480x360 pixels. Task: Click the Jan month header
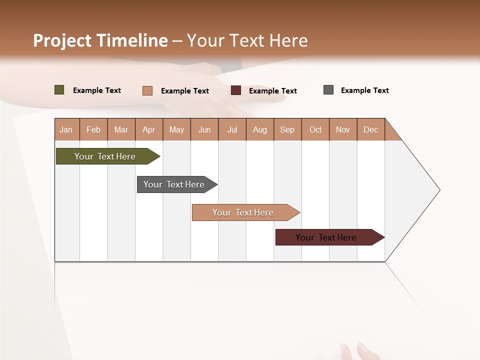66,129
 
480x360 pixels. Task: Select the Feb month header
93,129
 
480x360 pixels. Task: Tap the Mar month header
121,129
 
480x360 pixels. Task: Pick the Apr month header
149,129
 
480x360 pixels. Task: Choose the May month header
176,129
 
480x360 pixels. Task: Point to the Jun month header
204,129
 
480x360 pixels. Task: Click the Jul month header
232,129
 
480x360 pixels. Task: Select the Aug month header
260,129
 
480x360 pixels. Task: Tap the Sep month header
287,129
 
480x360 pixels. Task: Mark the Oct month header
315,129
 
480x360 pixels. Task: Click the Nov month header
343,129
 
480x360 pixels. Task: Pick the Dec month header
370,129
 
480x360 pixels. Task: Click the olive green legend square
59,90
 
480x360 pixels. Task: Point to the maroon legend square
236,90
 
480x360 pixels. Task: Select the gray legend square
328,90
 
